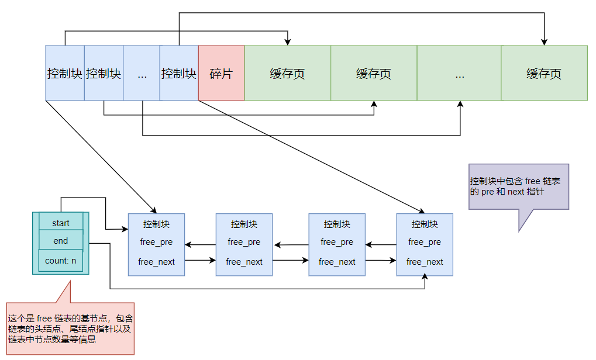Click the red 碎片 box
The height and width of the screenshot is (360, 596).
click(x=221, y=73)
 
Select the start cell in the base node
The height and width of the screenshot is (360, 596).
click(x=61, y=223)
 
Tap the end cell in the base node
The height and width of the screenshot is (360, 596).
click(x=61, y=241)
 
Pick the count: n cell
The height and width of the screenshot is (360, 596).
click(x=61, y=261)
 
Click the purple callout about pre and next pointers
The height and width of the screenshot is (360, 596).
click(x=518, y=186)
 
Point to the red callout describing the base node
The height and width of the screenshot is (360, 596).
click(x=70, y=328)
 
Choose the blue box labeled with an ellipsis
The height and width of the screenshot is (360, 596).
click(x=142, y=73)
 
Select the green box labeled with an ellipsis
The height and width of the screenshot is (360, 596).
click(x=459, y=73)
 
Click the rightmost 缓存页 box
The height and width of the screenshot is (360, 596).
click(x=544, y=73)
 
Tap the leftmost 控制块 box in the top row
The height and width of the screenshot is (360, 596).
click(x=65, y=73)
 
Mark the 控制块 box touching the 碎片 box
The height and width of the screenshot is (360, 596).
click(x=179, y=73)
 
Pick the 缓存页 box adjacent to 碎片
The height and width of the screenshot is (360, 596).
click(x=287, y=73)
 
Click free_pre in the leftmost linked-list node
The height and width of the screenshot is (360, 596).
click(x=157, y=242)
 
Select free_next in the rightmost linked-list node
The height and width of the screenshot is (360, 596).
click(x=425, y=262)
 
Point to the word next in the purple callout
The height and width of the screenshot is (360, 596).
click(x=516, y=192)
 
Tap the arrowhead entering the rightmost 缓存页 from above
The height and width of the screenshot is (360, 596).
click(x=544, y=42)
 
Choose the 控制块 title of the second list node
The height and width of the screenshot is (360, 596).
click(x=244, y=224)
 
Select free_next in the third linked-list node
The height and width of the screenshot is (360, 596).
click(x=337, y=262)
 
